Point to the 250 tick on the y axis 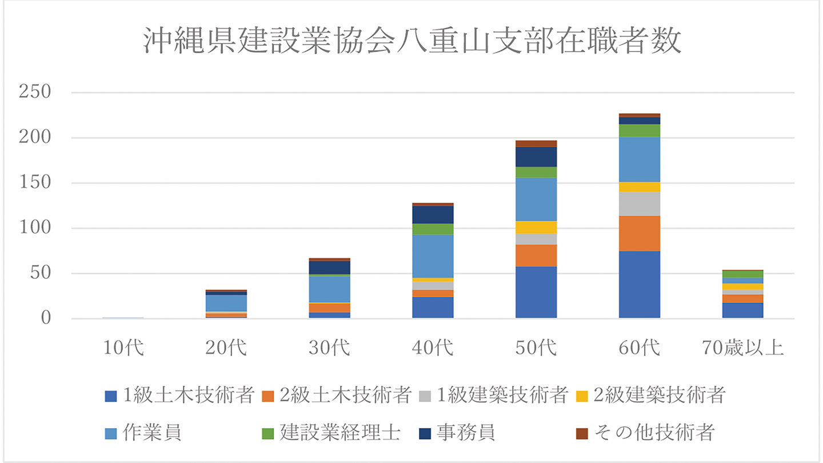point(35,93)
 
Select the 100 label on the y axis point(35,228)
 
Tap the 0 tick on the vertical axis point(45,318)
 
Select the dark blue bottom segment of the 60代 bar point(640,285)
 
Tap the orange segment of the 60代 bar point(640,233)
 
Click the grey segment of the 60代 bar point(640,203)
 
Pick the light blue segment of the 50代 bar point(536,199)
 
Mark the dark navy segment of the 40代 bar point(433,214)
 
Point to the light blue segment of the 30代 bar point(330,289)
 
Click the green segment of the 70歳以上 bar point(743,274)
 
